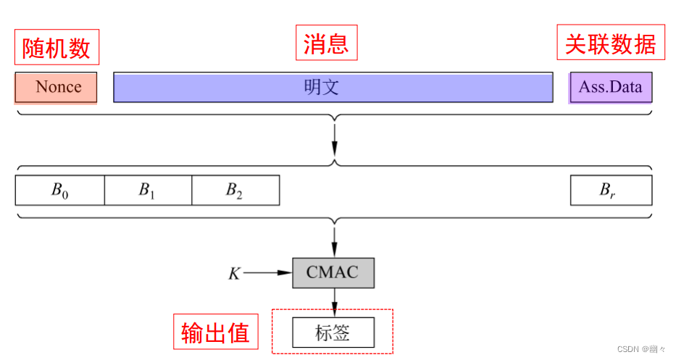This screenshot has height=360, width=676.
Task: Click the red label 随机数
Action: pos(57,48)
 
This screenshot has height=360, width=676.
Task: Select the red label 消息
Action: pos(326,43)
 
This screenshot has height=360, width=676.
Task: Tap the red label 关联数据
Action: pos(610,43)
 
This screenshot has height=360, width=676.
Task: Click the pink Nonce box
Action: pos(57,87)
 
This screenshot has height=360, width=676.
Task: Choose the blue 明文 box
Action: pos(333,87)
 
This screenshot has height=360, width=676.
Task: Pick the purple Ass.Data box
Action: pos(610,87)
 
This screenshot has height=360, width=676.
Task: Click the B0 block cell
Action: pos(60,190)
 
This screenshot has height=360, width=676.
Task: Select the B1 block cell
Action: pos(148,190)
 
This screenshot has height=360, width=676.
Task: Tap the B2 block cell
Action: pos(235,190)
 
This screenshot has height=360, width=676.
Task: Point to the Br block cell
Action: pos(610,190)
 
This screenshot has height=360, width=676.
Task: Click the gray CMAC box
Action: pos(334,272)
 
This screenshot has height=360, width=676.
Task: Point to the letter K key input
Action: pos(234,273)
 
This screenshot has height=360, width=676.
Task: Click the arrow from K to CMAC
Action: pos(268,273)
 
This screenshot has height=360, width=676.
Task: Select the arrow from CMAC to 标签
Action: pos(334,301)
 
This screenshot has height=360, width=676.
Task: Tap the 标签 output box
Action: pos(333,332)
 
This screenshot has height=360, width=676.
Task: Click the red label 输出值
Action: pos(215,332)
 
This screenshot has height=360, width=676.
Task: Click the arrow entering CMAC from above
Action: pos(334,239)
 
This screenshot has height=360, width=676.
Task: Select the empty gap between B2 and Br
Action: pos(425,190)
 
